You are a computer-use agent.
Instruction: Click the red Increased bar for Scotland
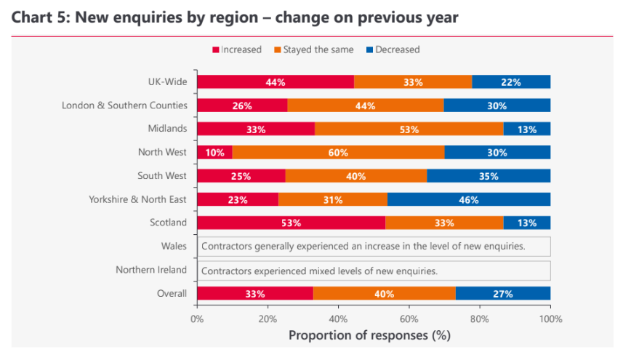tap(291, 223)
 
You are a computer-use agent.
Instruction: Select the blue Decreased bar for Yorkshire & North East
tap(469, 199)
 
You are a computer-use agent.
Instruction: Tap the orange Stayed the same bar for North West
tap(338, 152)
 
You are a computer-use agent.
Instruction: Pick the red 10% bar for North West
tap(214, 152)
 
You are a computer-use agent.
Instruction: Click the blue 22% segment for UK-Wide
tap(511, 82)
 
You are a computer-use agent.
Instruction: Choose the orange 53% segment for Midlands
tap(409, 129)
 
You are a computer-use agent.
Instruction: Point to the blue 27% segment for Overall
tap(502, 293)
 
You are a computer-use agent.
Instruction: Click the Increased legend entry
tap(237, 49)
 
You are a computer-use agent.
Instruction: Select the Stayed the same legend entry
tap(318, 49)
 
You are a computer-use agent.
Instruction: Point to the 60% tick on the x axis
tap(409, 319)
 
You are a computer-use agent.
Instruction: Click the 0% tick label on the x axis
tap(197, 319)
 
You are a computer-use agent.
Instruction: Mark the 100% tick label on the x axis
tap(550, 319)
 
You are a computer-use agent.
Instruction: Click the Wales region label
tap(174, 247)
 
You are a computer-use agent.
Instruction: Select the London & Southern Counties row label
tap(125, 105)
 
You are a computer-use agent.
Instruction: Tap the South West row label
tap(162, 175)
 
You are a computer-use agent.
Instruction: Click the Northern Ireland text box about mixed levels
tap(373, 270)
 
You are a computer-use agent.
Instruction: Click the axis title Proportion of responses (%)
tap(369, 335)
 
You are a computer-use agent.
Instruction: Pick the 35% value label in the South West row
tap(488, 176)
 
